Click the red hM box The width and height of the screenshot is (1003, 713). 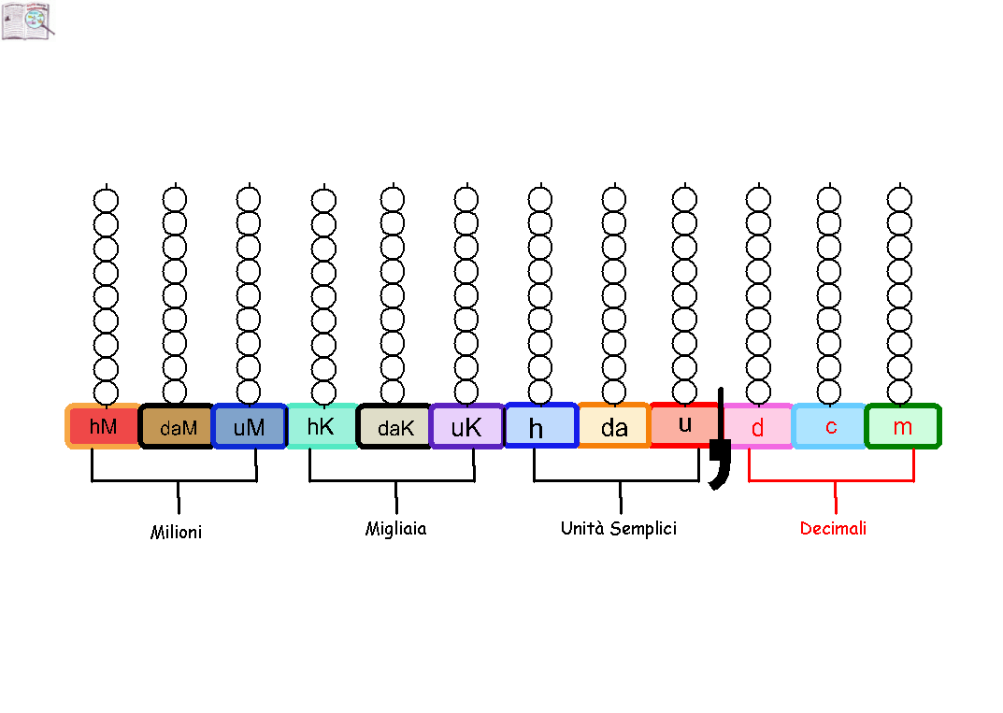(102, 426)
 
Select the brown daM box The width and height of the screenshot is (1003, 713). (176, 426)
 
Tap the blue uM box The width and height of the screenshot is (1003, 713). (249, 426)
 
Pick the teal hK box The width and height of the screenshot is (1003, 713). (322, 426)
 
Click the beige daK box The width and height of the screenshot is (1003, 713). (394, 426)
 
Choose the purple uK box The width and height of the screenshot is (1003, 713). (467, 426)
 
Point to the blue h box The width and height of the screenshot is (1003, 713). (542, 425)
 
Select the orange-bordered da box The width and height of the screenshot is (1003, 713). (615, 425)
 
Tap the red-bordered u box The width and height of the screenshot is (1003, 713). (684, 424)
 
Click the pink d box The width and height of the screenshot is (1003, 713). (758, 426)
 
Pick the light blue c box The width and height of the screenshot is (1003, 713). (830, 426)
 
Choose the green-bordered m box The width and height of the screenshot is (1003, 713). (903, 426)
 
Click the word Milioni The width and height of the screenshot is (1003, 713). (176, 532)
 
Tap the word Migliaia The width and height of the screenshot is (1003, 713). (396, 529)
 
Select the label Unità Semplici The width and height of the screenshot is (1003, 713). (619, 528)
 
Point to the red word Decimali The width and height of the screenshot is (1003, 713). (833, 528)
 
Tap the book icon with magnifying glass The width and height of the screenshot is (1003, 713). (28, 21)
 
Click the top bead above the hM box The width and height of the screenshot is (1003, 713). (106, 200)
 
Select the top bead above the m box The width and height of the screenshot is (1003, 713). (899, 200)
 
